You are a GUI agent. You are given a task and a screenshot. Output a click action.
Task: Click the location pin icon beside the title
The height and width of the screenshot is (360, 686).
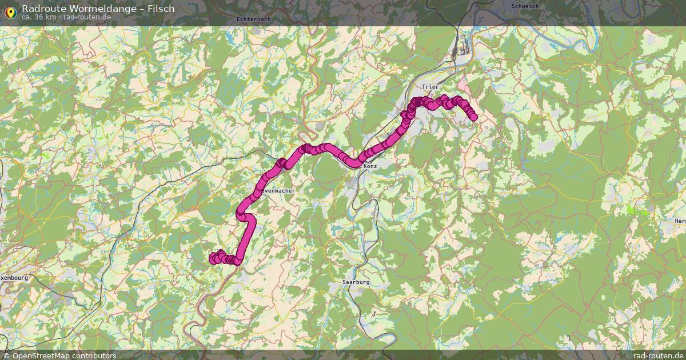pos(10,11)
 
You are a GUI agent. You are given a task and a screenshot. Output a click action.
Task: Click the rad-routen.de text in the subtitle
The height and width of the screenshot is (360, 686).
pos(86,17)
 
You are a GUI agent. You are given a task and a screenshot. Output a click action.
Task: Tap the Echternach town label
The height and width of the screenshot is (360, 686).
pos(253,19)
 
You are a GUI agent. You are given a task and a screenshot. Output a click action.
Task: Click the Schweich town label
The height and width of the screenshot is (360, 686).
pos(525,6)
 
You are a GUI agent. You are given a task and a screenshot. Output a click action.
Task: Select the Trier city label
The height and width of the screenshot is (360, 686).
pos(430,87)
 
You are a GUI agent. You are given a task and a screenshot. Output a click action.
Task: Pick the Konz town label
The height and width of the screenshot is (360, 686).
pos(370,166)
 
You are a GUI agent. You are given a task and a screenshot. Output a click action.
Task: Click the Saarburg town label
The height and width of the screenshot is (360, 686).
pos(356,282)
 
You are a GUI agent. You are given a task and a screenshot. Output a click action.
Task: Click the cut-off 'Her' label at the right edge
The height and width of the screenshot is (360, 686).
pos(680,221)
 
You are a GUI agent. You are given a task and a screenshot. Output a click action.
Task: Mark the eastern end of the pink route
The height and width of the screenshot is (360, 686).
pos(473,118)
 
